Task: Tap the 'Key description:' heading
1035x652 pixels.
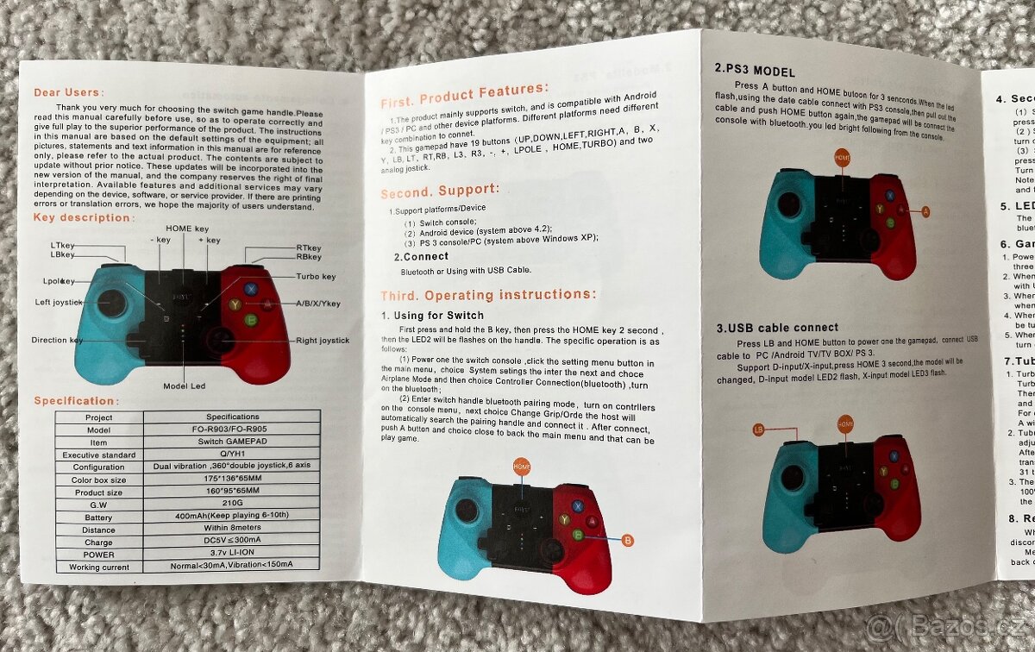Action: pyautogui.click(x=84, y=217)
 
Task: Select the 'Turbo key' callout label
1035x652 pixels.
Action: pyautogui.click(x=316, y=277)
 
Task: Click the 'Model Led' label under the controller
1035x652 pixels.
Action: pyautogui.click(x=185, y=386)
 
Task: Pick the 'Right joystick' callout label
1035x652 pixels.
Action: pyautogui.click(x=322, y=341)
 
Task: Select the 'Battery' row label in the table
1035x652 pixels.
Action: pyautogui.click(x=99, y=517)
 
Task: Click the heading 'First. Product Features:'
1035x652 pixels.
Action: pyautogui.click(x=464, y=90)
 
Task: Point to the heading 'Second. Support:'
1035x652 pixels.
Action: pyautogui.click(x=440, y=189)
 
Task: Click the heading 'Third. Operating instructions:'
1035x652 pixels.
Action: pyautogui.click(x=487, y=294)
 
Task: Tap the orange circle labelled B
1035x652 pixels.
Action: pyautogui.click(x=627, y=541)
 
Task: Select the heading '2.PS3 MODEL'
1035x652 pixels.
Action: pyautogui.click(x=755, y=72)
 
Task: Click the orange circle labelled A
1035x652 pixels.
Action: pyautogui.click(x=925, y=211)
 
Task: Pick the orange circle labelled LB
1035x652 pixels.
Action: pyautogui.click(x=759, y=429)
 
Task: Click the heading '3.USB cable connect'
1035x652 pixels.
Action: pyautogui.click(x=776, y=328)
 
